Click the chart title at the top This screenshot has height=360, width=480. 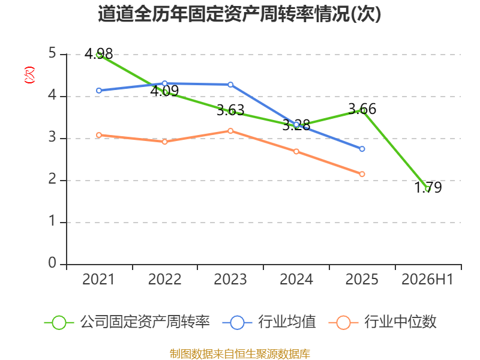pyautogui.click(x=239, y=14)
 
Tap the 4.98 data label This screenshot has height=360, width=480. pyautogui.click(x=98, y=54)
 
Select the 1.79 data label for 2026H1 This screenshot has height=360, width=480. pyautogui.click(x=428, y=187)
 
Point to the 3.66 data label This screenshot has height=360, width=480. pyautogui.click(x=362, y=109)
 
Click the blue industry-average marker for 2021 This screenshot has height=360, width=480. pyautogui.click(x=99, y=91)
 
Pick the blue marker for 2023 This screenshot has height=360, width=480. pyautogui.click(x=230, y=85)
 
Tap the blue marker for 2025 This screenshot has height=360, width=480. pyautogui.click(x=362, y=149)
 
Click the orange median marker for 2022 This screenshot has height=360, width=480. pyautogui.click(x=164, y=142)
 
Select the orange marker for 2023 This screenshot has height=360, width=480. pyautogui.click(x=230, y=131)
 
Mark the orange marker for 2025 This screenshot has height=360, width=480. pyautogui.click(x=362, y=174)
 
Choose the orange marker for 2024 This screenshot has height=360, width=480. pyautogui.click(x=296, y=152)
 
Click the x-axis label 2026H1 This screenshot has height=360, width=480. pyautogui.click(x=427, y=280)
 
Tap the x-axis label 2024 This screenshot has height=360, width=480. pyautogui.click(x=296, y=280)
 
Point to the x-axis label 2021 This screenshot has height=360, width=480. pyautogui.click(x=98, y=280)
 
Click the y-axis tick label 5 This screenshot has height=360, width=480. pyautogui.click(x=52, y=53)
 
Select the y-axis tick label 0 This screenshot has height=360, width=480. pyautogui.click(x=52, y=263)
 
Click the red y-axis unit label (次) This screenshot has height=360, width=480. pyautogui.click(x=29, y=75)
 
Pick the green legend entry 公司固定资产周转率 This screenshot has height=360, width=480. pyautogui.click(x=127, y=322)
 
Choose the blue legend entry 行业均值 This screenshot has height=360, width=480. pyautogui.click(x=269, y=322)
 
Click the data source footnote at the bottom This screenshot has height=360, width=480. pyautogui.click(x=240, y=354)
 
